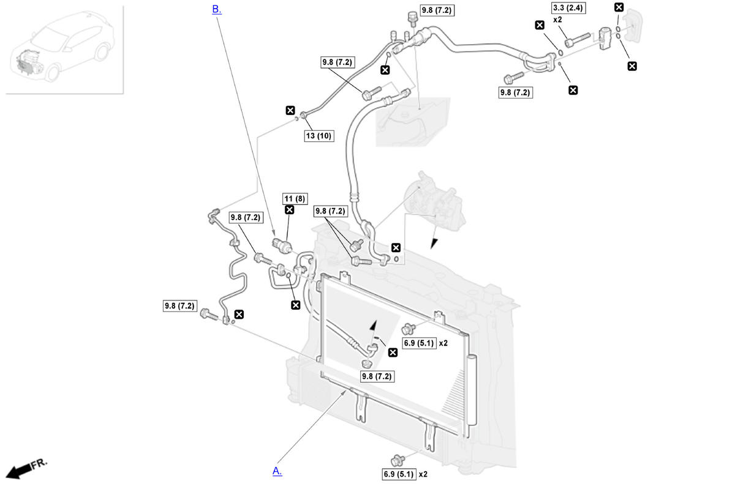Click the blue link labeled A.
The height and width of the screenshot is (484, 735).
point(277,471)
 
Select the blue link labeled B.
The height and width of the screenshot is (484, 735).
point(216,9)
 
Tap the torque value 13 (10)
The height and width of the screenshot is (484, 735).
point(318,136)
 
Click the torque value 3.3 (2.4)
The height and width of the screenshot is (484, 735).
point(567,8)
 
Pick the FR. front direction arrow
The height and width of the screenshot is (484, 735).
point(24,469)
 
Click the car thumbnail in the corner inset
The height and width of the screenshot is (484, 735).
point(61,49)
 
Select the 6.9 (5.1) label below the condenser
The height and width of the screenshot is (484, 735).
point(399,474)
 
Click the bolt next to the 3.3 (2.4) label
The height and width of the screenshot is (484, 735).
point(577,40)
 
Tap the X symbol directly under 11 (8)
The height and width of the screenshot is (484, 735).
point(289,210)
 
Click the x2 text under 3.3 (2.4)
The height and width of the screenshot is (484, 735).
point(558,20)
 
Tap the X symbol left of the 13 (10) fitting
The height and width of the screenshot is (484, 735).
point(290,111)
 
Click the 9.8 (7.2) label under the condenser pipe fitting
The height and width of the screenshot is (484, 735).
point(376,376)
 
